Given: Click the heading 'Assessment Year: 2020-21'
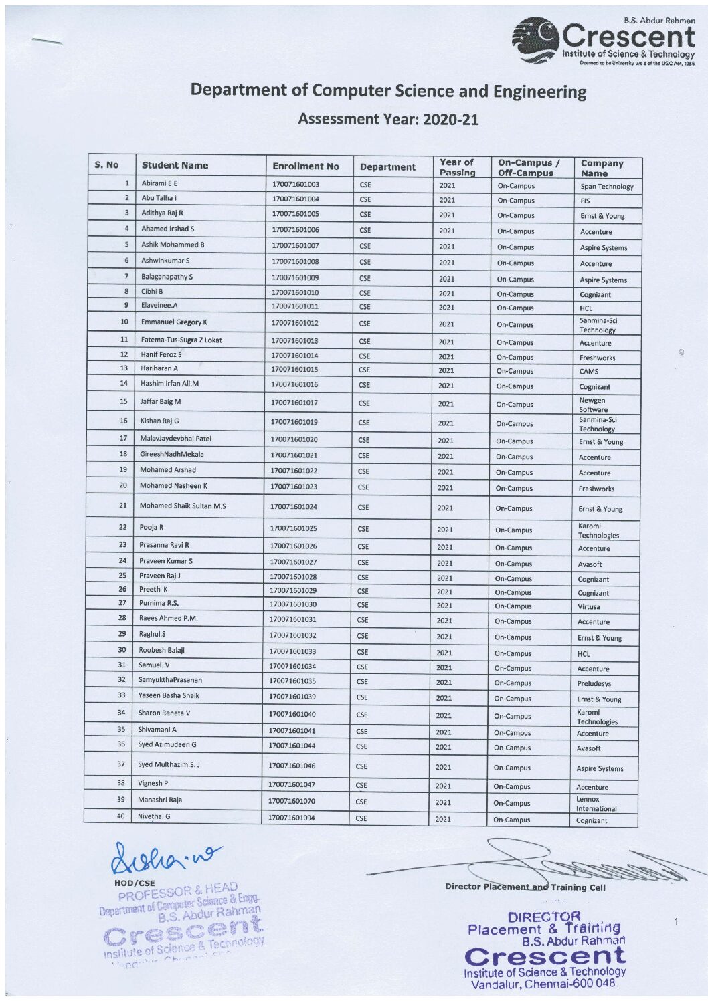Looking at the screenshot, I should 388,119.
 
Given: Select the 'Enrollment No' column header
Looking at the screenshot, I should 305,166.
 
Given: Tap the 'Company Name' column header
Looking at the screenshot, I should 602,168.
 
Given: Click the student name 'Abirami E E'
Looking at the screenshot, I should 159,183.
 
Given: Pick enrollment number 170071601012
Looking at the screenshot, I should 294,324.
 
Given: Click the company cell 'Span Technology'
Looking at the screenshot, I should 606,187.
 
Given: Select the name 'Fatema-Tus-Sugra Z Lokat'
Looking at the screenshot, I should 181,340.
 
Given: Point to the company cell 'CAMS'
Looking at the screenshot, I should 589,372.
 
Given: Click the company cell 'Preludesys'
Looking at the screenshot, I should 594,684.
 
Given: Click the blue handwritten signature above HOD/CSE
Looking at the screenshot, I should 167,857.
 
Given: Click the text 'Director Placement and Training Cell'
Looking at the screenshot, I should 525,887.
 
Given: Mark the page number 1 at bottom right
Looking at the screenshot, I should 676,922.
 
